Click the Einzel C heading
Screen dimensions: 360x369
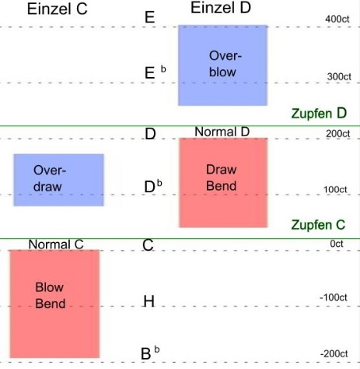(x=58, y=9)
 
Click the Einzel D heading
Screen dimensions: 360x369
(x=221, y=8)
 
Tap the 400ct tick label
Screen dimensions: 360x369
(x=337, y=19)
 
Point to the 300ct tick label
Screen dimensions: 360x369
(x=339, y=76)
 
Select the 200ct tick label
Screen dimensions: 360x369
(x=338, y=134)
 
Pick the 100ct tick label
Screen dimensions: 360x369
(x=335, y=189)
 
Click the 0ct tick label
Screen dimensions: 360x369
(x=337, y=244)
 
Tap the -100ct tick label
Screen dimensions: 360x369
(x=334, y=297)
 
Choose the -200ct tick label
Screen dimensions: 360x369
(x=334, y=353)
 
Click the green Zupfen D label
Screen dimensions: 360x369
(x=319, y=114)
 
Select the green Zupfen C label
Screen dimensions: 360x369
(x=318, y=225)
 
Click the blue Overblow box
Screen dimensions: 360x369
(x=223, y=65)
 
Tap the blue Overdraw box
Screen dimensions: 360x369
(x=58, y=180)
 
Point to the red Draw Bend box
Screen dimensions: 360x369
(x=223, y=183)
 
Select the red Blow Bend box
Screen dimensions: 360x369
(x=54, y=304)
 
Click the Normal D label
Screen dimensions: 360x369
(x=222, y=132)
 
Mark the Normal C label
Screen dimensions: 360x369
(x=56, y=244)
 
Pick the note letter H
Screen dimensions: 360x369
(x=149, y=301)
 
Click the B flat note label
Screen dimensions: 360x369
(x=150, y=353)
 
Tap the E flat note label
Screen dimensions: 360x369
(x=156, y=72)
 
